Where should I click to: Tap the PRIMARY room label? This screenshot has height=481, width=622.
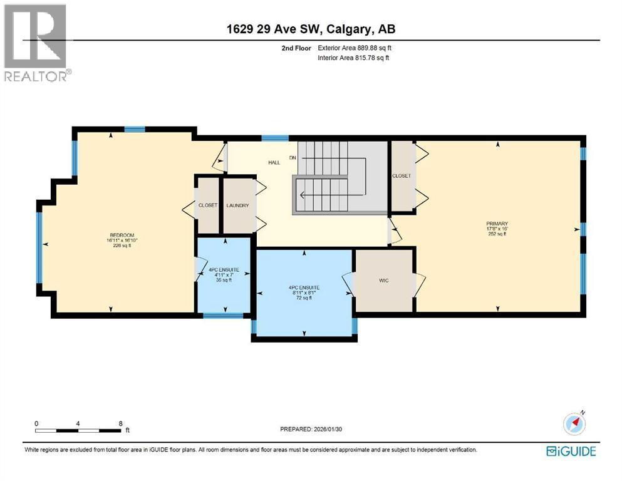click(497, 224)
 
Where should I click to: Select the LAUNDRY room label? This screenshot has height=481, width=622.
click(238, 205)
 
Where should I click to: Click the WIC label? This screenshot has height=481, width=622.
click(384, 281)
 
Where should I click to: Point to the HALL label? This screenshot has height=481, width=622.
click(274, 163)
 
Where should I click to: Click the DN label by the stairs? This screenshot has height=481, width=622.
click(292, 157)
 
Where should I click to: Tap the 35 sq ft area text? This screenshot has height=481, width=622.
click(224, 281)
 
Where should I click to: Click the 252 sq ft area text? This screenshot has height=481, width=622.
click(497, 234)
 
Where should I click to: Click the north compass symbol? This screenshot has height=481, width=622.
click(575, 424)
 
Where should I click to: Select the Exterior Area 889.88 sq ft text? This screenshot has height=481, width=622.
click(356, 48)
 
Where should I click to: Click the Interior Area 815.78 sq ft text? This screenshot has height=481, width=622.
click(353, 58)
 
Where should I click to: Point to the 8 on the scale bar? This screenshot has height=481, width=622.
click(120, 423)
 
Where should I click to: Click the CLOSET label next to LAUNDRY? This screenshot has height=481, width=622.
click(207, 205)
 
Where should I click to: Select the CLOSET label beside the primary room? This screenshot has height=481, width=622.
click(402, 176)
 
